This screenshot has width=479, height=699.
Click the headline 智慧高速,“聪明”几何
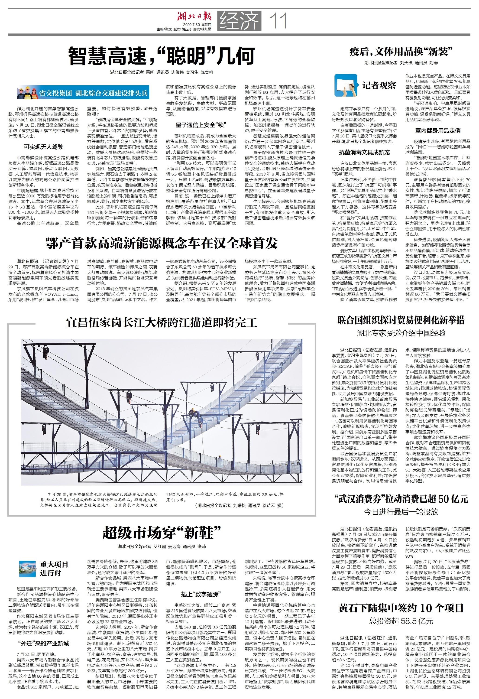click(162, 56)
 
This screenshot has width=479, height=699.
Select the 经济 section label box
click(239, 21)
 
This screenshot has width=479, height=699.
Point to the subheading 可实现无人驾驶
click(44, 147)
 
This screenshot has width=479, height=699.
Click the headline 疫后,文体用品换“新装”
click(401, 52)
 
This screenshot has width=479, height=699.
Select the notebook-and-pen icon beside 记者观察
click(345, 85)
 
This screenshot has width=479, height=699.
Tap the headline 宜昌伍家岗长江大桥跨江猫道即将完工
click(162, 323)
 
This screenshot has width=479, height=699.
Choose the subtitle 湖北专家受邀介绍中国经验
click(401, 333)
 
